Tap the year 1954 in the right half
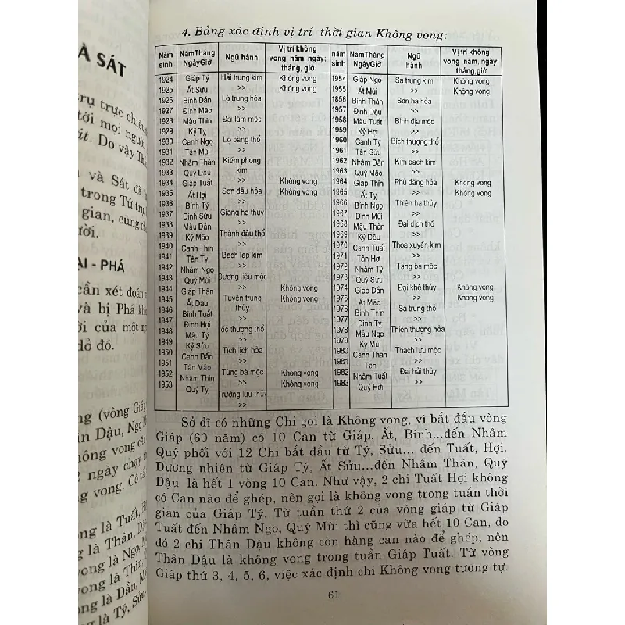click(339, 80)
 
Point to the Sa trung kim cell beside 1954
click(414, 80)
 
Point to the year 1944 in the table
click(166, 287)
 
